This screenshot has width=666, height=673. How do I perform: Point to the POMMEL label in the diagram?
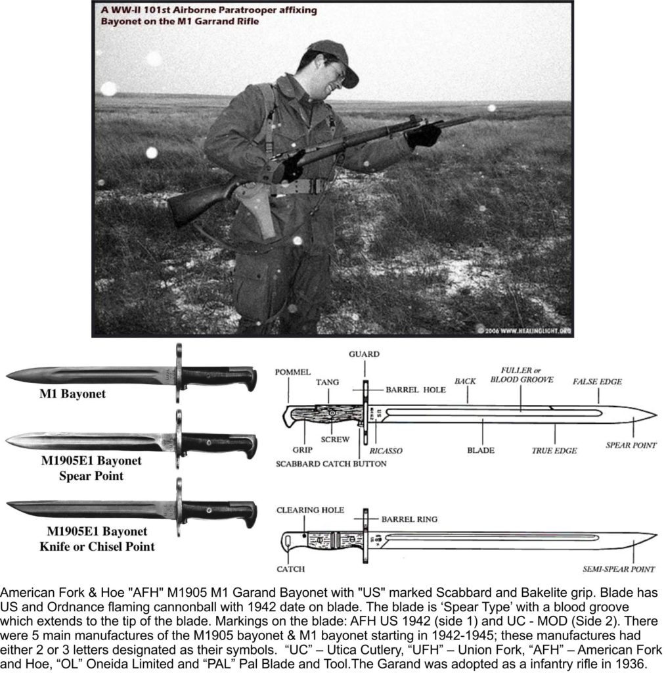point(293,372)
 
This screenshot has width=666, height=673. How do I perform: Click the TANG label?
point(327,382)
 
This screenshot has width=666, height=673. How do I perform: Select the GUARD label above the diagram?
point(365,354)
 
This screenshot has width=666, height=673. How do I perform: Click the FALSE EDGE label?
point(597,382)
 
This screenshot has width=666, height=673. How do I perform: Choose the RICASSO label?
point(386,451)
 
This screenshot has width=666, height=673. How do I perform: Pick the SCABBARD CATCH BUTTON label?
point(331,463)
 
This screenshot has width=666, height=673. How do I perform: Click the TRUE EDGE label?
point(554,451)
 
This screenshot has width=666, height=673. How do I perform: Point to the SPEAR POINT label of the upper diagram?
point(631,445)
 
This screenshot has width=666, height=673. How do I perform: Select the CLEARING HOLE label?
point(309,510)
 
